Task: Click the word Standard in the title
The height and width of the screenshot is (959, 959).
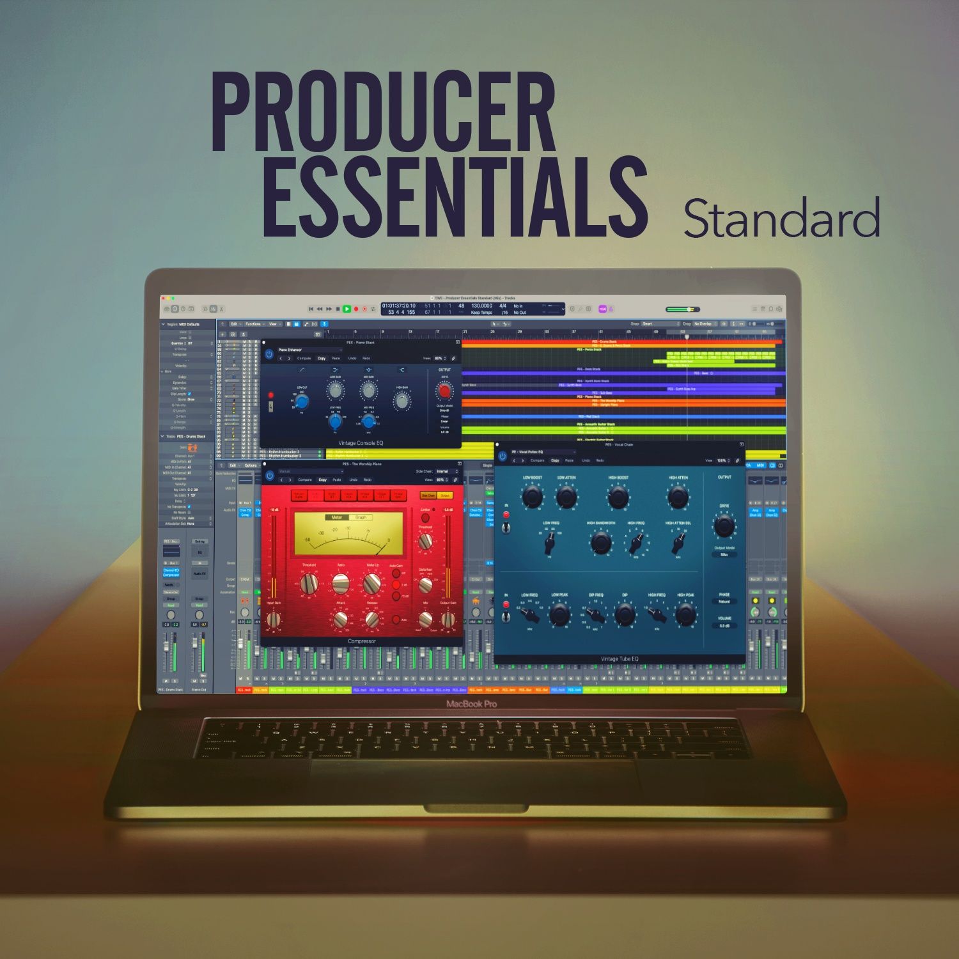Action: [x=781, y=219]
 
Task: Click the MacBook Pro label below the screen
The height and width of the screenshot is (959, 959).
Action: [x=471, y=704]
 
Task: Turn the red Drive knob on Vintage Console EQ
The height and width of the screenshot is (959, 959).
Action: [x=444, y=390]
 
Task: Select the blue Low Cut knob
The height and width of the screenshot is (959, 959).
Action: [x=302, y=402]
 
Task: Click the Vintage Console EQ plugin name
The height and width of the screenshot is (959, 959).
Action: [x=361, y=443]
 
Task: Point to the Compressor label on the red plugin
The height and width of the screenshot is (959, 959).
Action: [x=361, y=641]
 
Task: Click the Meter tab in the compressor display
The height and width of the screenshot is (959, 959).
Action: [x=337, y=517]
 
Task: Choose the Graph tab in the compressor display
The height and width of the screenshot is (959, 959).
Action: [x=361, y=517]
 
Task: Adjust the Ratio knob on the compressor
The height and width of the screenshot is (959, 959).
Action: [x=341, y=582]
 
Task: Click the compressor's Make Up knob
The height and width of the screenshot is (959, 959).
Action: [x=372, y=582]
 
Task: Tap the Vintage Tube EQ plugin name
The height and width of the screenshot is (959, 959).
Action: [x=619, y=659]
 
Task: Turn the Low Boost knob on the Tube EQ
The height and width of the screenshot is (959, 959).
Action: [x=532, y=496]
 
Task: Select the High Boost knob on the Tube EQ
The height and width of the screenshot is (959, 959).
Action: [x=618, y=497]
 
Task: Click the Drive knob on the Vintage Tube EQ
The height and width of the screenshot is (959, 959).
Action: [x=724, y=526]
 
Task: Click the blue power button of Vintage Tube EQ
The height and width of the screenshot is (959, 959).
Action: [x=503, y=456]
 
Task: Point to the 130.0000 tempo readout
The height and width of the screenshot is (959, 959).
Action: [x=481, y=306]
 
